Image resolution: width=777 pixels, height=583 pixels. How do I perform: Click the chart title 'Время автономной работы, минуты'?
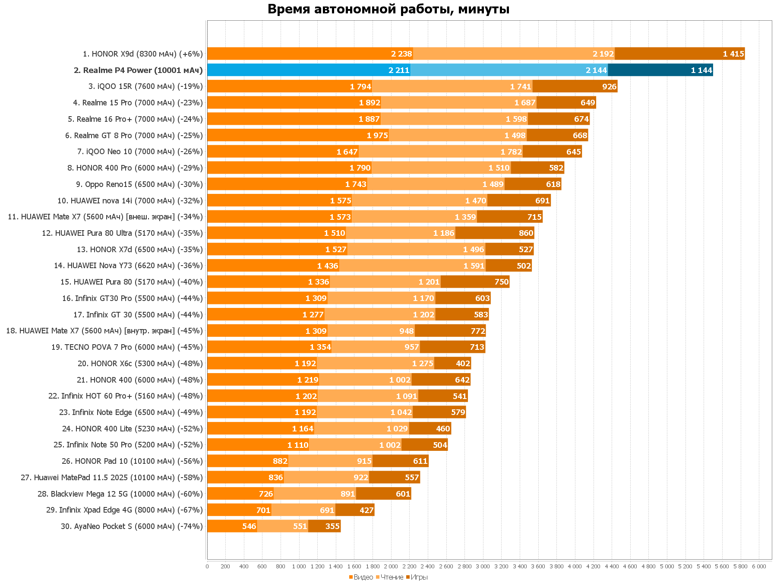(388, 9)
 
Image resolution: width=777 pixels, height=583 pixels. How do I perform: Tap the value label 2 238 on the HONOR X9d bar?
(401, 54)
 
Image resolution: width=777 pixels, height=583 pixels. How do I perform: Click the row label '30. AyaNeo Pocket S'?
(132, 526)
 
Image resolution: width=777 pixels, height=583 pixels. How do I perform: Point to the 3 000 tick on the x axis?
(483, 566)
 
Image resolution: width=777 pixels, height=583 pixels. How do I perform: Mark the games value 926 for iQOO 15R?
(609, 86)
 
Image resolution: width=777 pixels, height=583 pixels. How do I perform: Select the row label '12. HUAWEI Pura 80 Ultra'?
(122, 233)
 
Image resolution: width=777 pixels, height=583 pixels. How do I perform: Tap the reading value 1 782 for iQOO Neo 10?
(511, 152)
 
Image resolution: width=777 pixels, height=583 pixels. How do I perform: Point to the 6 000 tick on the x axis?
(759, 566)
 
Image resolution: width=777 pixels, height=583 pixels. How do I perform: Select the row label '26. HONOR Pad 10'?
(132, 461)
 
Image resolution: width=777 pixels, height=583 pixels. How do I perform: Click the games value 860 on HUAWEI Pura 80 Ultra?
(526, 233)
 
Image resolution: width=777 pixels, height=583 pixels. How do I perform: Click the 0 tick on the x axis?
(207, 566)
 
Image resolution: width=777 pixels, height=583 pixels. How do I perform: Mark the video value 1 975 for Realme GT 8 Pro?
(377, 136)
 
